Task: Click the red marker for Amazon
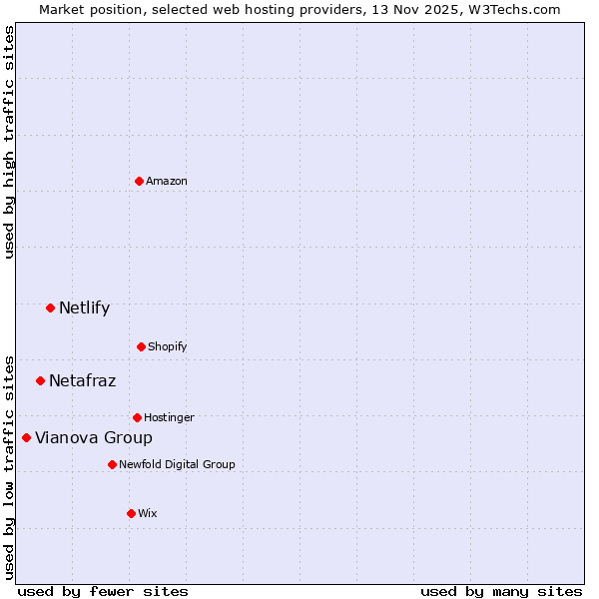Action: click(139, 181)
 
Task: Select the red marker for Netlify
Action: click(50, 307)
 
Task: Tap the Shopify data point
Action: click(141, 346)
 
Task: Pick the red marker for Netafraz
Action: click(40, 380)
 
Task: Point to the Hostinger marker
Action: click(137, 417)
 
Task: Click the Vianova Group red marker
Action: click(26, 437)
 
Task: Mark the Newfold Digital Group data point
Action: click(112, 464)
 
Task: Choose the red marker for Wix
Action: click(131, 513)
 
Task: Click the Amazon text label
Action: click(167, 181)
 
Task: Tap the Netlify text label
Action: click(84, 307)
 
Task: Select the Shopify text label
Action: click(168, 346)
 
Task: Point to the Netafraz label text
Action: click(82, 380)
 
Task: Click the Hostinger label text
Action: click(169, 417)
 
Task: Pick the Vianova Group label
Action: click(94, 437)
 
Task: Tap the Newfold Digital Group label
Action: click(177, 464)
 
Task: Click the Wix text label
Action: click(148, 513)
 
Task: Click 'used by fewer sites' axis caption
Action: click(103, 591)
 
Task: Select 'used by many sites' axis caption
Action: click(501, 591)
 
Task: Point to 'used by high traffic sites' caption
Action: click(9, 142)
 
